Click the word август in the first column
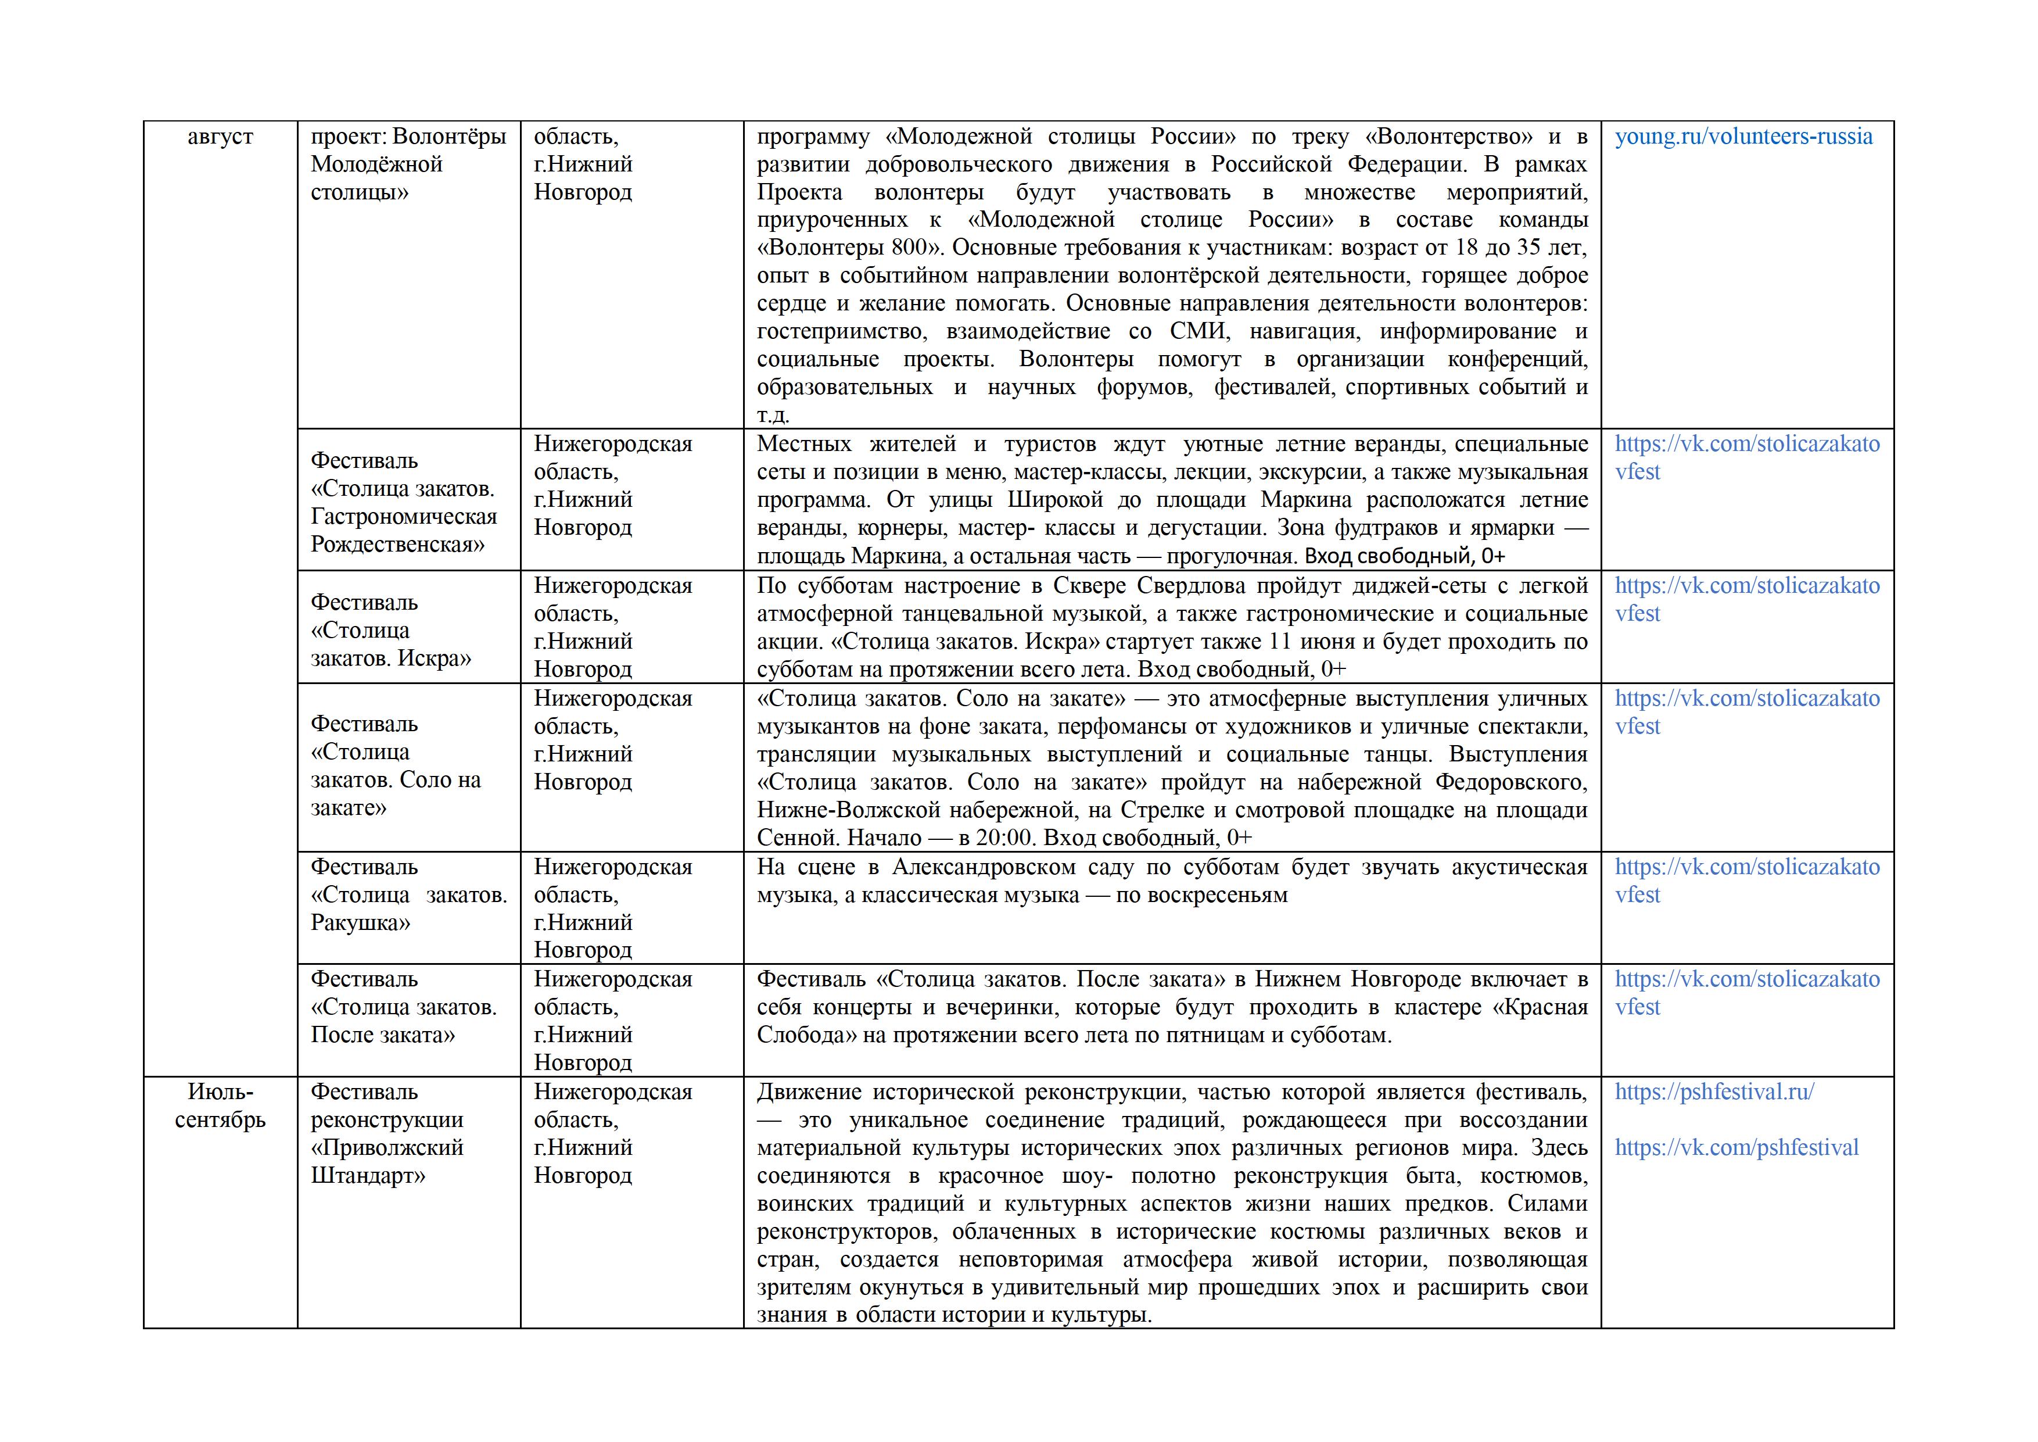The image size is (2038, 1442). (x=220, y=137)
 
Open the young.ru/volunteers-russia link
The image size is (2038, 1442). (x=1743, y=137)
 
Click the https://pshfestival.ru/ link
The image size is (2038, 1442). (x=1714, y=1092)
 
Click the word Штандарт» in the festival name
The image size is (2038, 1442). (x=368, y=1176)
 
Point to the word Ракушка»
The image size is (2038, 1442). (x=360, y=922)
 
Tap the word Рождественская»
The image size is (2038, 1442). (x=397, y=544)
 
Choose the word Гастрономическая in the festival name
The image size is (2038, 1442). (x=404, y=517)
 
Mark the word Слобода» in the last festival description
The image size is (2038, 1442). (x=806, y=1035)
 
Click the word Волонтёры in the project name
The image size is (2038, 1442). (x=449, y=137)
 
